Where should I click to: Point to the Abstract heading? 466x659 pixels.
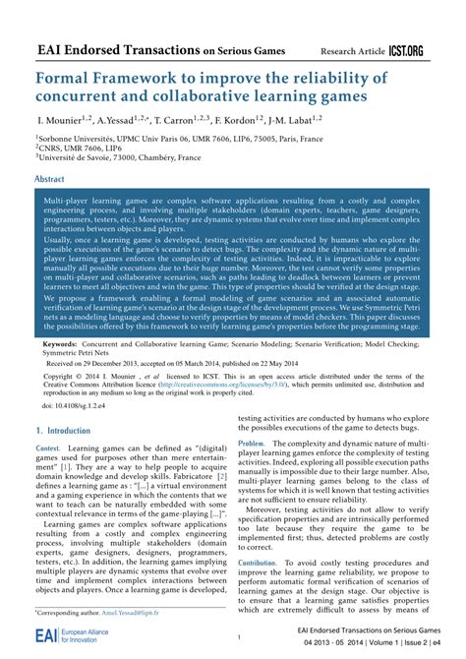(50, 180)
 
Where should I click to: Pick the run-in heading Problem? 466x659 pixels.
(252, 445)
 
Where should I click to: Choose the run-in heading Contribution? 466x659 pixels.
(258, 563)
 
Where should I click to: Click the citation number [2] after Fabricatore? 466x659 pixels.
(222, 475)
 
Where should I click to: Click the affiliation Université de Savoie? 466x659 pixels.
(82, 164)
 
